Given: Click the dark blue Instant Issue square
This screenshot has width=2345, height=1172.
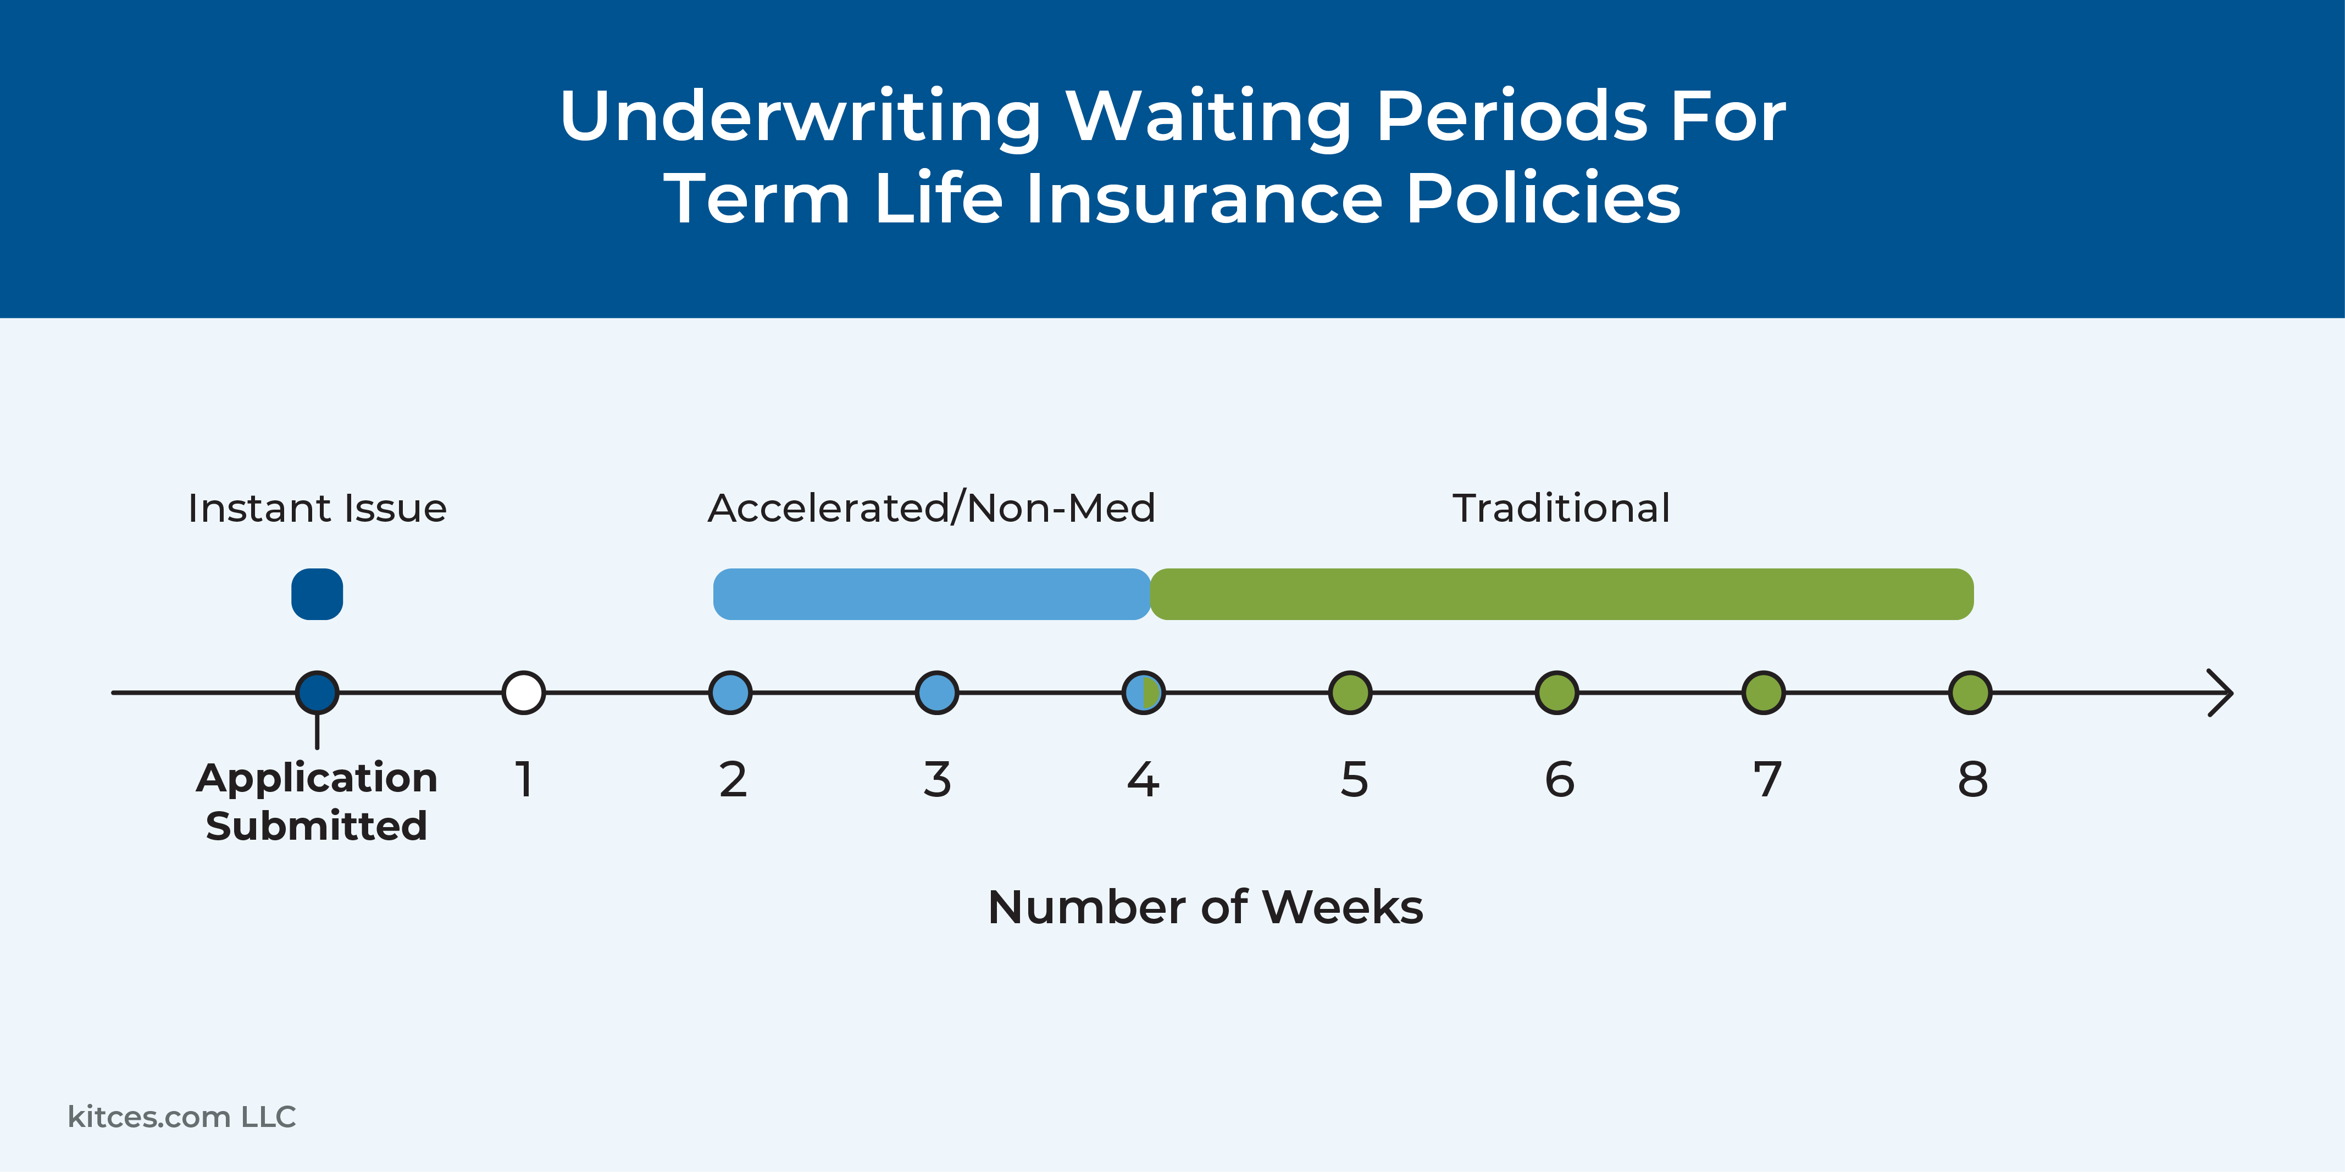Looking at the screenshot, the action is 317,594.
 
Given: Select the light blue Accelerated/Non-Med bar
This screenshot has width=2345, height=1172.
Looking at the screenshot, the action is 932,594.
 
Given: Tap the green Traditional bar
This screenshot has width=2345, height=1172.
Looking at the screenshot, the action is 1561,594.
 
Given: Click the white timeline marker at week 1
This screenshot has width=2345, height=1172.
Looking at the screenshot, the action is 523,693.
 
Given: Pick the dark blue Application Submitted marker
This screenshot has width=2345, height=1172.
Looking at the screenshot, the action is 317,693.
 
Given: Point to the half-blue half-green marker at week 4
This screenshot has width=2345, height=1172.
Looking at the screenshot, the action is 1143,693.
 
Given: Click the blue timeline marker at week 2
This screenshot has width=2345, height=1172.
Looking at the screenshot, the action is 730,693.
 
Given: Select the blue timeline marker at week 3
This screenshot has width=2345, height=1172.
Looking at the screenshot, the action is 936,693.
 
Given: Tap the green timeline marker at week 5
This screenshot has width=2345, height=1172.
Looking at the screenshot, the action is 1350,693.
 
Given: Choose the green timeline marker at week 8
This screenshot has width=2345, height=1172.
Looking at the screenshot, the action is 1970,693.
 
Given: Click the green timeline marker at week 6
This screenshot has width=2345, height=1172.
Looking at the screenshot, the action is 1557,693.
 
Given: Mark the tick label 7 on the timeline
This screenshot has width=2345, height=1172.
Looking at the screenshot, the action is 1767,780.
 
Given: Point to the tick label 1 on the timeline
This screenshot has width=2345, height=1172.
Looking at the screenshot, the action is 523,780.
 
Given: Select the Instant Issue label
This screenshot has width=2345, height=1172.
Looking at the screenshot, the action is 317,508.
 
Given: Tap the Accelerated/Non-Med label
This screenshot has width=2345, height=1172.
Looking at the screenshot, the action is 932,508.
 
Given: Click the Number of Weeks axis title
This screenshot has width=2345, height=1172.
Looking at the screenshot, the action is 1205,907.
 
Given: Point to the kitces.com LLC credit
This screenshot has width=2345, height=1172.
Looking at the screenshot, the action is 182,1117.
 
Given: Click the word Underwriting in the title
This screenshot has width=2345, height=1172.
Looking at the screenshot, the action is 801,116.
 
